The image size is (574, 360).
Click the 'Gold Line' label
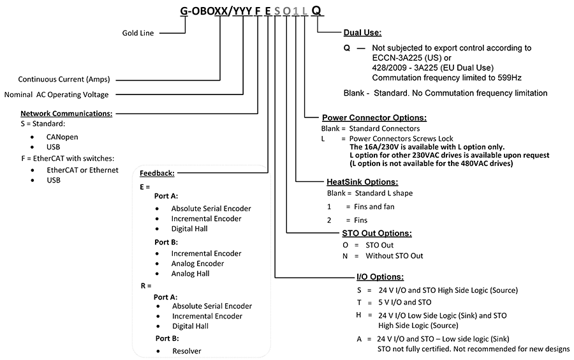click(x=138, y=33)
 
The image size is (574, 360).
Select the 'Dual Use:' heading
click(x=362, y=33)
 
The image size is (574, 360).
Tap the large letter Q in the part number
click(x=316, y=11)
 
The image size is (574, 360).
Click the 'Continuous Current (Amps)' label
click(x=64, y=79)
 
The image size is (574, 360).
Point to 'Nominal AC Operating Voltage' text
click(x=56, y=94)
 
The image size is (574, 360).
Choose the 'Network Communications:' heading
click(x=66, y=114)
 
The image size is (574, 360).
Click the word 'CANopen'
click(x=62, y=137)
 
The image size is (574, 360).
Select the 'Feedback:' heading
click(x=157, y=173)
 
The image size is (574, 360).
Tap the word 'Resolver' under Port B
click(x=187, y=351)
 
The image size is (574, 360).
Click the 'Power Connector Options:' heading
click(x=374, y=117)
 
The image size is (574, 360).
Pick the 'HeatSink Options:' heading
click(x=362, y=182)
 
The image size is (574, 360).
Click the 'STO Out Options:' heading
click(x=377, y=233)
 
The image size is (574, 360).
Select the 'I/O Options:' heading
click(x=380, y=277)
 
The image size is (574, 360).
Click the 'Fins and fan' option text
click(x=374, y=207)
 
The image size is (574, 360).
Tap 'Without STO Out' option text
click(x=394, y=255)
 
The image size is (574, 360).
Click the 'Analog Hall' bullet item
click(x=190, y=274)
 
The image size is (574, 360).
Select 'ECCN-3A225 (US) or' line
click(x=412, y=58)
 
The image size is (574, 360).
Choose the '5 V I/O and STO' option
click(x=405, y=302)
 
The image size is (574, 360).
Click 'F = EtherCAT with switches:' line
click(x=68, y=158)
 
